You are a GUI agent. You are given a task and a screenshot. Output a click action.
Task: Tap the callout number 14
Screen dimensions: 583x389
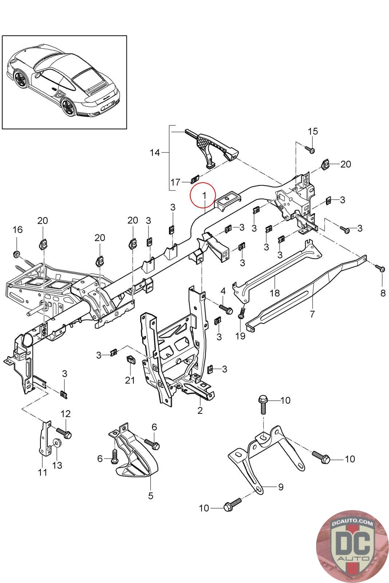[155, 152]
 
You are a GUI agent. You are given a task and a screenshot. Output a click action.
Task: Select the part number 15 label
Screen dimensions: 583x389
[312, 131]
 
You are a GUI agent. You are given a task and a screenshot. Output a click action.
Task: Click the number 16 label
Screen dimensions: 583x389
[17, 230]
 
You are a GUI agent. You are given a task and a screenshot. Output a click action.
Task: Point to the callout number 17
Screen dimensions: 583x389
[175, 182]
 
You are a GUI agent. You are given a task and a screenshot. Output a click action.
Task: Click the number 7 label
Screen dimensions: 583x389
[312, 314]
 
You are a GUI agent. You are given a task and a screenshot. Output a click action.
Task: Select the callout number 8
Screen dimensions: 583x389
[382, 293]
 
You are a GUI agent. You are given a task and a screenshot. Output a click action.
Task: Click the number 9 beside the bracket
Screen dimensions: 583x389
[280, 487]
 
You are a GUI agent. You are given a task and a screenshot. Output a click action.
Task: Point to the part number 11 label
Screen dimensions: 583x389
[43, 473]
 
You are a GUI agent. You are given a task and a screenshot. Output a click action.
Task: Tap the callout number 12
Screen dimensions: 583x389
[66, 414]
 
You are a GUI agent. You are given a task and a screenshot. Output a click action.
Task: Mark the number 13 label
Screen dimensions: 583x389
[57, 465]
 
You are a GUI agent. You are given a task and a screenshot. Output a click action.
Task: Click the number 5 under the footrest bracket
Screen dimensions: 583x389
[151, 496]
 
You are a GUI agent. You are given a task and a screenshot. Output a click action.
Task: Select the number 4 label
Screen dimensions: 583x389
[223, 291]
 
